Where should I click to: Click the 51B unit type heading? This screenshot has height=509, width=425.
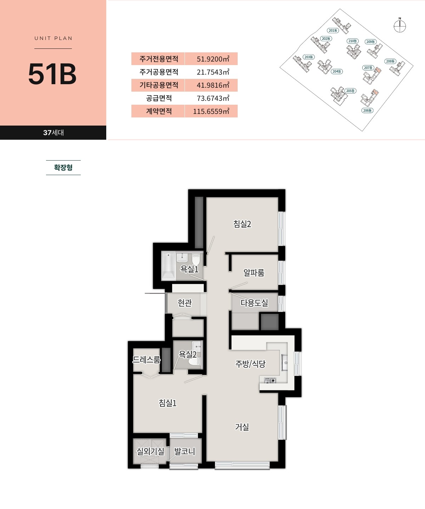coord(52,74)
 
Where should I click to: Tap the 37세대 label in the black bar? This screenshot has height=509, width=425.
coord(53,133)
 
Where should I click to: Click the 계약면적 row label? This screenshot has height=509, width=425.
coord(159,111)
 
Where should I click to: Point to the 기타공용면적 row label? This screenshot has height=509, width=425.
coord(159,85)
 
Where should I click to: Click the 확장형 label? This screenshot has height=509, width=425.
coord(63,167)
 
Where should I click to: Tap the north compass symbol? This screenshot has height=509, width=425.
coord(399,25)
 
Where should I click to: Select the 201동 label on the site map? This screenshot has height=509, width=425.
coord(333,30)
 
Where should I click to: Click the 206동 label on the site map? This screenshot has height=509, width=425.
coord(367,110)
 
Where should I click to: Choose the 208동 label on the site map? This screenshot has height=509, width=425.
coord(390,61)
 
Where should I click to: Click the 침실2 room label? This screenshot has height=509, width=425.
coord(242,224)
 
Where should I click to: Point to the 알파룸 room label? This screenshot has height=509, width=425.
coord(254,272)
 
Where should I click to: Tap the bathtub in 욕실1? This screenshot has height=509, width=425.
coord(168,266)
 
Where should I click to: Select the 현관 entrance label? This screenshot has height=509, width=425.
coord(185,303)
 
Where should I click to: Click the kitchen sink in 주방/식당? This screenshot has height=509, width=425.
coord(285,363)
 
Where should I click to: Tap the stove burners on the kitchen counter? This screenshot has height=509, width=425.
coord(270,380)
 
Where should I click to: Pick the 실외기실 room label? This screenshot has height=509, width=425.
coord(151,451)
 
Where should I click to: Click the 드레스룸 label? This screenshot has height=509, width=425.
coord(147,359)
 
